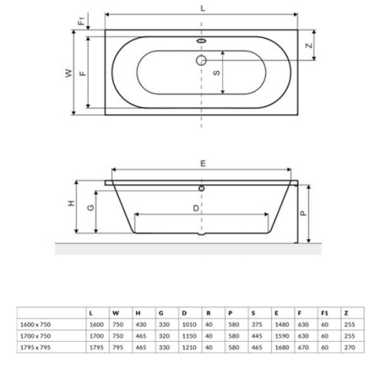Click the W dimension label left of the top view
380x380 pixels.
coord(68,73)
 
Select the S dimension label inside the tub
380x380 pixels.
coord(216,73)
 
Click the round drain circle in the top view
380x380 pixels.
coord(201,60)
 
